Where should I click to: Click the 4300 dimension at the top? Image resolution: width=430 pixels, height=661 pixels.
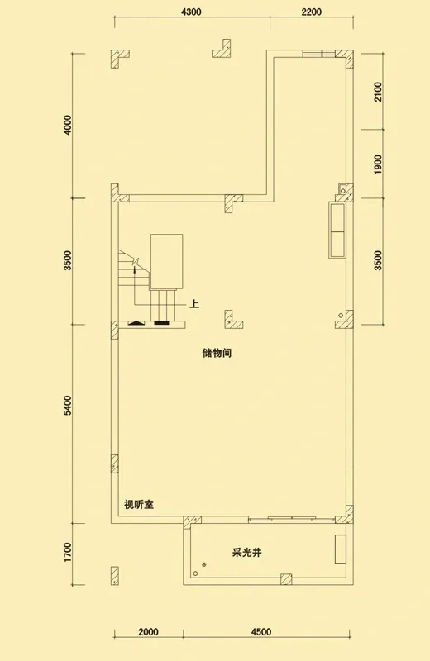coord(191,12)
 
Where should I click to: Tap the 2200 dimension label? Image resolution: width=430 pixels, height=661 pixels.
coord(312,12)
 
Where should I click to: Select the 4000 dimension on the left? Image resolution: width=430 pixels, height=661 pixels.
coord(67,125)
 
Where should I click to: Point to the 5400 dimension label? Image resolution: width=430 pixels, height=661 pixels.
coord(67,405)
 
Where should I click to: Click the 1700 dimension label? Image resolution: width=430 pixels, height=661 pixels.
coord(67,553)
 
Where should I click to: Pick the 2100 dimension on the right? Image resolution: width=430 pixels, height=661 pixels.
coord(378,92)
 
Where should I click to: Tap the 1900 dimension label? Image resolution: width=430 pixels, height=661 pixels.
coord(378,164)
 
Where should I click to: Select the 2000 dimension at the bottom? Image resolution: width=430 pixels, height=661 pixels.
coord(148,632)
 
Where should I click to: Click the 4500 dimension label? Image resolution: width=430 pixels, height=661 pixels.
coord(260,632)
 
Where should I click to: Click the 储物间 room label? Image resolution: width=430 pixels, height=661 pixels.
coord(217,353)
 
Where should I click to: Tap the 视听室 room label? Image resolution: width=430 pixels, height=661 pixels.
coord(139,504)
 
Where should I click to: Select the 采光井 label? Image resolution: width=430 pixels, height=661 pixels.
coord(247,553)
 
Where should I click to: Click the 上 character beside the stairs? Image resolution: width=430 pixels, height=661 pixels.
coord(194,303)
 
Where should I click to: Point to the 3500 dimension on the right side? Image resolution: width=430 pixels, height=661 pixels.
coord(378,260)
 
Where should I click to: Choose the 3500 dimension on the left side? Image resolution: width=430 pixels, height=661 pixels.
coord(67,260)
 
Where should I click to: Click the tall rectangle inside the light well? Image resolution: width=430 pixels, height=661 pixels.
coord(341,549)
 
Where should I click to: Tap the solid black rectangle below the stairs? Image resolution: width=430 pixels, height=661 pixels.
coord(161,323)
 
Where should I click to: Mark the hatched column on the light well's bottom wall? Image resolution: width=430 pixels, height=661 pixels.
coord(286,579)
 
